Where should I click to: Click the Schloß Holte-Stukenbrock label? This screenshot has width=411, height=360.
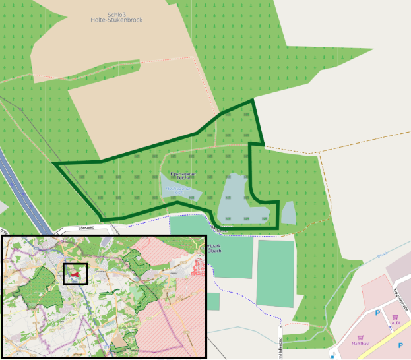click(x=116, y=16)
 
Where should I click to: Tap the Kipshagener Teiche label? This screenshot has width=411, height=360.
click(x=179, y=175)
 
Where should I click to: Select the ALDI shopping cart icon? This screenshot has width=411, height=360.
click(x=395, y=317)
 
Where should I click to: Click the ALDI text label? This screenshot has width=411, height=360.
click(x=395, y=323)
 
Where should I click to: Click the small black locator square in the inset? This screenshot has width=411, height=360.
click(x=75, y=273)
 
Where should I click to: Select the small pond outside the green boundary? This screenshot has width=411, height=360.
click(x=288, y=213)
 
